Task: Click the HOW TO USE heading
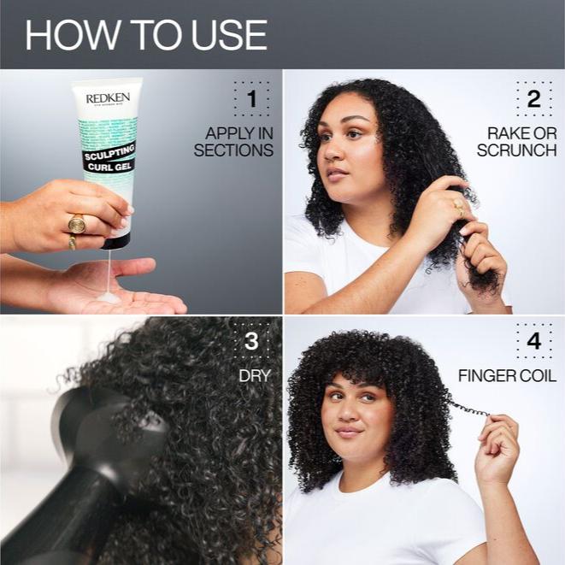point(146,34)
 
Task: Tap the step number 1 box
point(251,100)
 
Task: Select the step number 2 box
point(534,100)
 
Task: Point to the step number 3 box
point(251,342)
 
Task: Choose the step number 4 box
point(534,342)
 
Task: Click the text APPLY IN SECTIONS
point(234,142)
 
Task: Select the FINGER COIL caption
point(507,376)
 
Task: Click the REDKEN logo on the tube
point(108,98)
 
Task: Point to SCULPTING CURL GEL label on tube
point(110,160)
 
